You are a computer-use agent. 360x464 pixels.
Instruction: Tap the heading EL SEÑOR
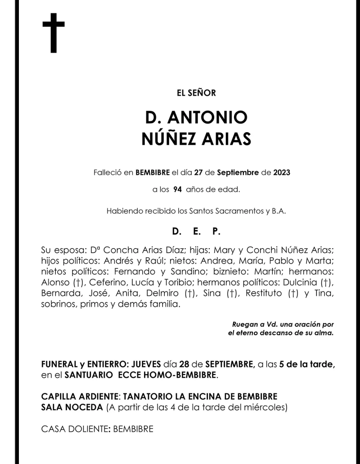(x=196, y=93)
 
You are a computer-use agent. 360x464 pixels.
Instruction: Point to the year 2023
(x=281, y=172)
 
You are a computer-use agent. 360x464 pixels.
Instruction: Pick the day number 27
(x=198, y=172)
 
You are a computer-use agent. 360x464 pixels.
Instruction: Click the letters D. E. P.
(x=196, y=232)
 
